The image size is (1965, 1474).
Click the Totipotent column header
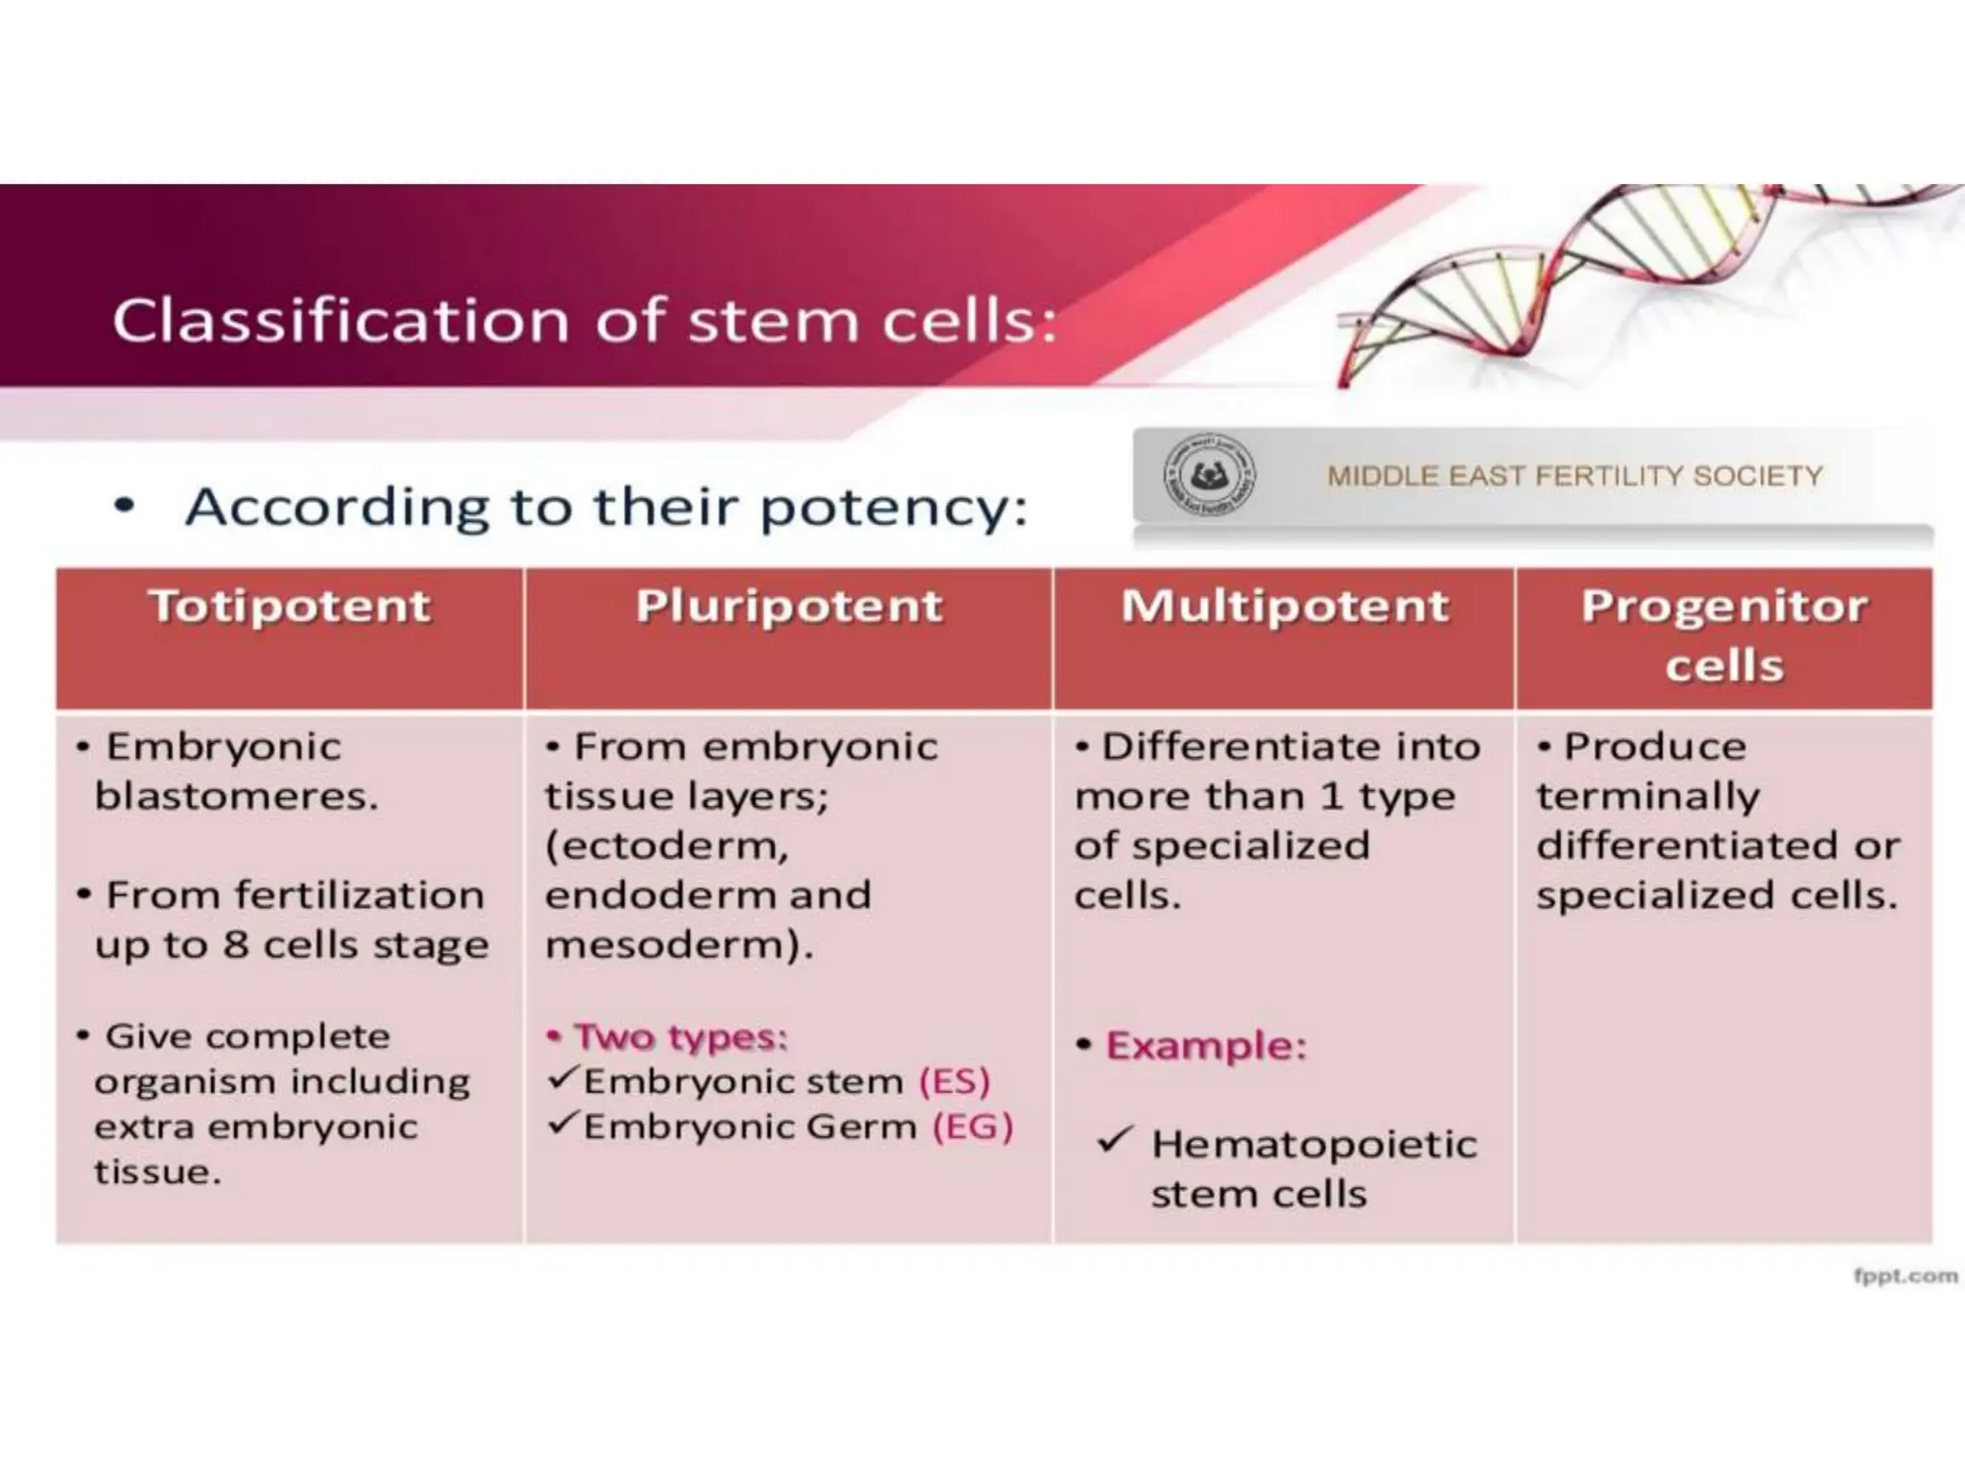(x=289, y=607)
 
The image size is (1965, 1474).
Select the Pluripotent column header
(x=789, y=607)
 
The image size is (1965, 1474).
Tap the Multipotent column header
(x=1285, y=607)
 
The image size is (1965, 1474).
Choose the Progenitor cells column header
(x=1724, y=635)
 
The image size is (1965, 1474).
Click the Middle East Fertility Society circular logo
(x=1210, y=476)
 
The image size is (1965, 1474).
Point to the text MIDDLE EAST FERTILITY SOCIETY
(x=1574, y=476)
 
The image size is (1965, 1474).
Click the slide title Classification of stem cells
(x=584, y=321)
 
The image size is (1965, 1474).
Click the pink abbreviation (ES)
(x=954, y=1082)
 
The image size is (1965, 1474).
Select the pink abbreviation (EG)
(x=973, y=1127)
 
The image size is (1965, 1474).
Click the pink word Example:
(x=1206, y=1045)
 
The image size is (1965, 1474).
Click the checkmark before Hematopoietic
(x=1115, y=1140)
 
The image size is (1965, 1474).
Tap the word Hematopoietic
(x=1314, y=1145)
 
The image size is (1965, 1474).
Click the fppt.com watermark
(x=1905, y=1275)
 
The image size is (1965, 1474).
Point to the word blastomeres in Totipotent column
(x=235, y=796)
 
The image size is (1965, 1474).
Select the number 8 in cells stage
(x=236, y=945)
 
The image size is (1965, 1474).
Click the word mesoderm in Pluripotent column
(x=672, y=945)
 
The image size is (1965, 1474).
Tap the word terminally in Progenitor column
(x=1647, y=796)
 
